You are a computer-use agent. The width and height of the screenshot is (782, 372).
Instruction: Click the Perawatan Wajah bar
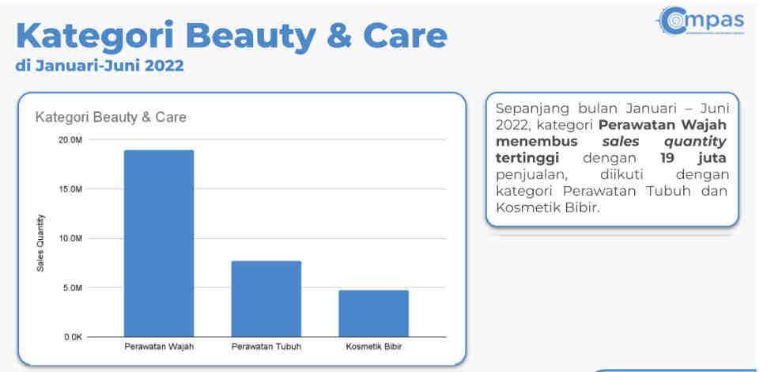coord(159,243)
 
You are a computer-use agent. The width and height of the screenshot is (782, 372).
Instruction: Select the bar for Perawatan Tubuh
coord(266,298)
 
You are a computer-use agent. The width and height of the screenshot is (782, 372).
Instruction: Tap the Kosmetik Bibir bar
coord(373,313)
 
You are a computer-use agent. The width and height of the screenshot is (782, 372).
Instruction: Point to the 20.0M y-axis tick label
coord(70,140)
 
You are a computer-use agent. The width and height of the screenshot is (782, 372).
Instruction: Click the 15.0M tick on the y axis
coord(70,189)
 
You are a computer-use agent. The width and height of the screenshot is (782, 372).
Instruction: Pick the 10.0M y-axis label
coord(70,239)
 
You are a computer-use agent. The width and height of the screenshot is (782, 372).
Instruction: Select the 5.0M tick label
coord(72,288)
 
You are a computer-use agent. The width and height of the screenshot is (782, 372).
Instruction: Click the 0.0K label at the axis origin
coord(72,337)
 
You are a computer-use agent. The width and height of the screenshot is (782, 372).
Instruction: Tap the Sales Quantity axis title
coord(41,243)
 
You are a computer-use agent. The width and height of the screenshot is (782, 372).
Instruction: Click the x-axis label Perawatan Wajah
coord(159,347)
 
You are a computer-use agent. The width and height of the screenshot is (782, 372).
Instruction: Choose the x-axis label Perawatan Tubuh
coord(266,347)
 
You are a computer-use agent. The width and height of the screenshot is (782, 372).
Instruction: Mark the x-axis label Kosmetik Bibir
coord(373,347)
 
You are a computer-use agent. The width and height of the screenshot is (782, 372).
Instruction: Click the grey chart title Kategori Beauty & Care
coord(111,117)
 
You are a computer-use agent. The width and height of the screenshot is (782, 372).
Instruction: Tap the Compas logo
coord(701,21)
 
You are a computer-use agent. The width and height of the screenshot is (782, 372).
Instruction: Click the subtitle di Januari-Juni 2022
coord(100,66)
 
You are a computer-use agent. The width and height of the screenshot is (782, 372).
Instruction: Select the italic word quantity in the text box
coord(695,142)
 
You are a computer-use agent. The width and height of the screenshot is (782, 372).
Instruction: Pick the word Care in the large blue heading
coord(405,36)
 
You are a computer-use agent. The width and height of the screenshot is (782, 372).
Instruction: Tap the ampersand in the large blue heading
coord(339,36)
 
